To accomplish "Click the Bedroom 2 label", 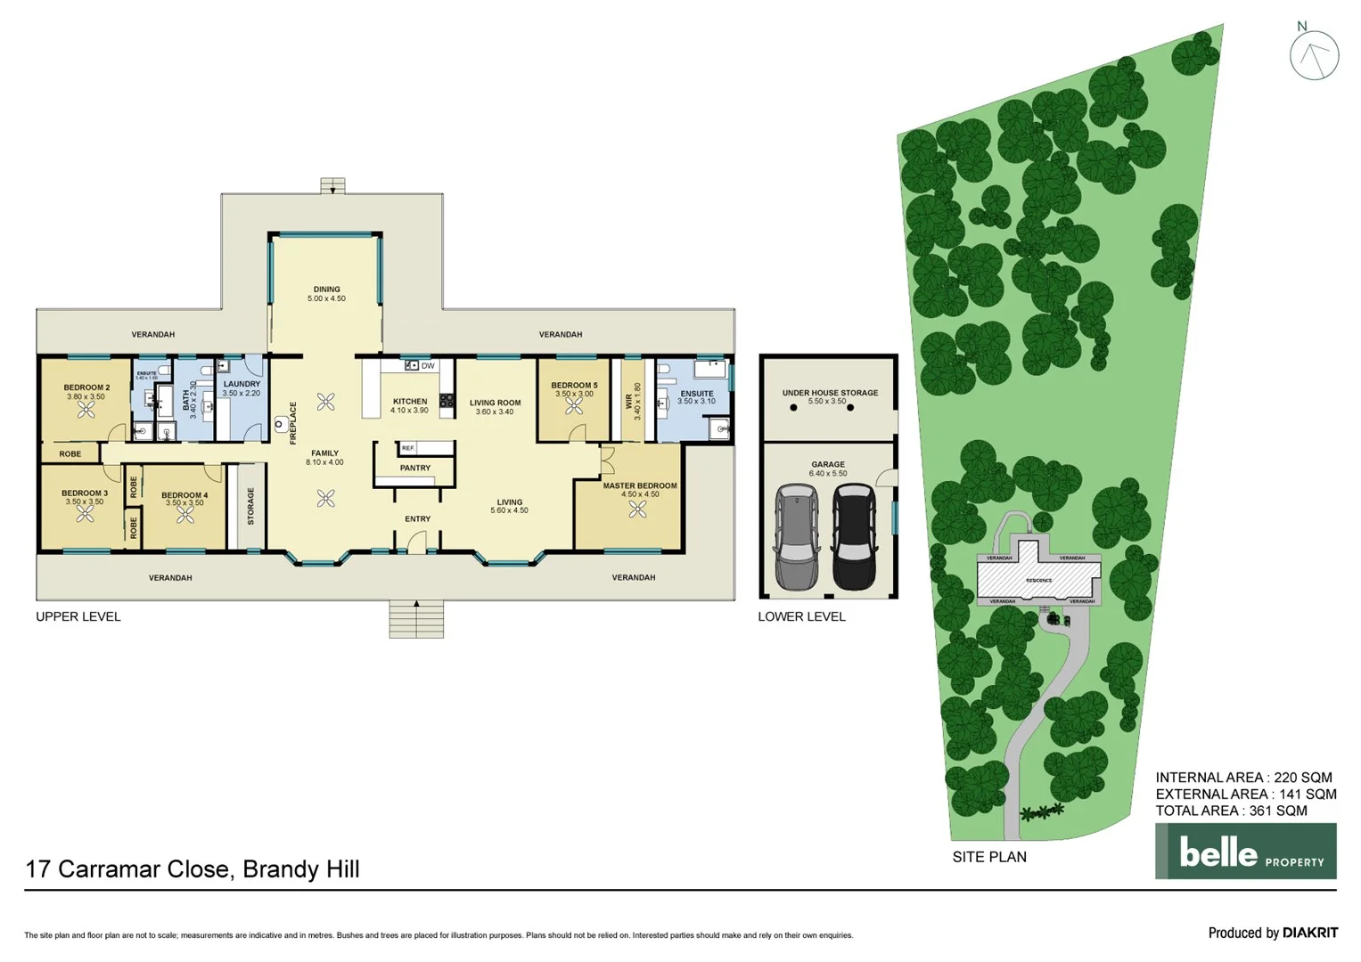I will pyautogui.click(x=86, y=387).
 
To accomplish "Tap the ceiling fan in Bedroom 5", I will pyautogui.click(x=574, y=406).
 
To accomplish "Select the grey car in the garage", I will pyautogui.click(x=797, y=537).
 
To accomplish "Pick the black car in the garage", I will pyautogui.click(x=853, y=537).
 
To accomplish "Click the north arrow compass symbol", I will pyautogui.click(x=1314, y=54).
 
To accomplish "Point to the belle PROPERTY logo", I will pyautogui.click(x=1245, y=852).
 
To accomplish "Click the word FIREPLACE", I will pyautogui.click(x=293, y=423).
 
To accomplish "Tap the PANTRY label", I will pyautogui.click(x=415, y=468).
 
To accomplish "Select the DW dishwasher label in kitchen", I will pyautogui.click(x=428, y=366).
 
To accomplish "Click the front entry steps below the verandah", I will pyautogui.click(x=416, y=618).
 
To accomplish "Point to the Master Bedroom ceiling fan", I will pyautogui.click(x=637, y=510).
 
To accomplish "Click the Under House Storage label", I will pyautogui.click(x=830, y=393).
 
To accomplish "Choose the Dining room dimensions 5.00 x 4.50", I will pyautogui.click(x=326, y=299).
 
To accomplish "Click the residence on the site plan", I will pyautogui.click(x=1038, y=579).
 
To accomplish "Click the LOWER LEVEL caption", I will pyautogui.click(x=801, y=616).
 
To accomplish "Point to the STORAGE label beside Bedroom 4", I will pyautogui.click(x=251, y=506).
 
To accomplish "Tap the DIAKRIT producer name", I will pyautogui.click(x=1310, y=933).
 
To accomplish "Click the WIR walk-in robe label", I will pyautogui.click(x=629, y=402).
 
